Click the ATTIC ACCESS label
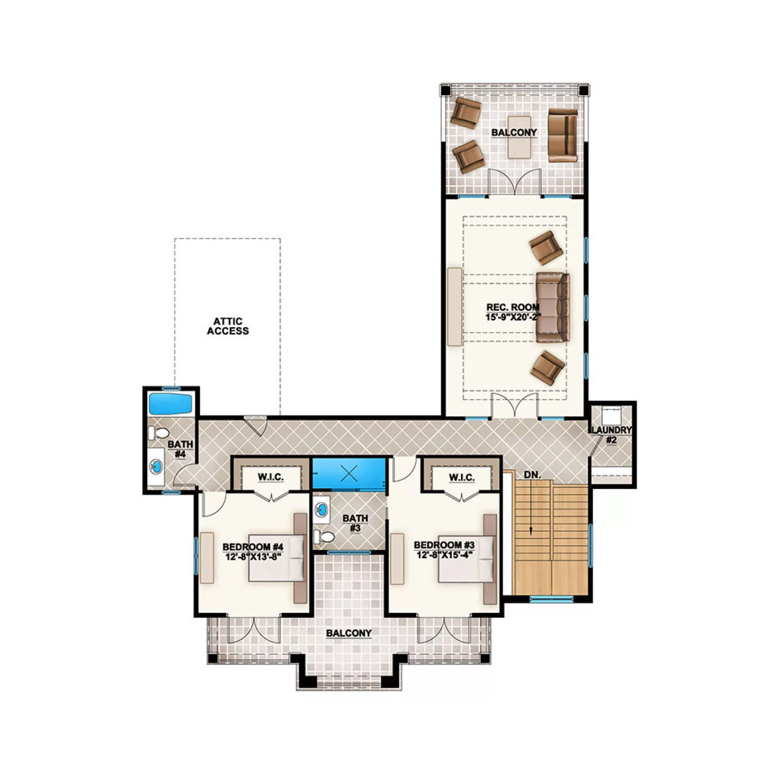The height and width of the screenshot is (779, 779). coord(228,326)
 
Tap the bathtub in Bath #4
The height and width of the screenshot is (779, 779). coord(170,403)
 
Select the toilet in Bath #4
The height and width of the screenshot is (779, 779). coord(158,433)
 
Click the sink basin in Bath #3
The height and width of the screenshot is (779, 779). coord(322,510)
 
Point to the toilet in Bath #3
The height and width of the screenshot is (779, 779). coord(324,537)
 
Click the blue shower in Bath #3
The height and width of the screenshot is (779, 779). coord(349,473)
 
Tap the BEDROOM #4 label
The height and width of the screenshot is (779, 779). coord(253,547)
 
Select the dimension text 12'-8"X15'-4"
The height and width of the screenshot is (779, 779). coord(443,555)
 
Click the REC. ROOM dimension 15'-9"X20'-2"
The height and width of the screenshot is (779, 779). coord(513,317)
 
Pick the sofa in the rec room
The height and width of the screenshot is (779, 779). coord(553,307)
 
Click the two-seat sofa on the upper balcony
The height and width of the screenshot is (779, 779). coord(563,135)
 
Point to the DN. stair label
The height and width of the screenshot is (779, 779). coord(532,475)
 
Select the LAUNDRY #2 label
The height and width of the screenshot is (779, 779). coord(611,435)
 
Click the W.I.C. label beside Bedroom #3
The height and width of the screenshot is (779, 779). coord(462,477)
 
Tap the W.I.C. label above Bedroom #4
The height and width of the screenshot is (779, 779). coord(271,477)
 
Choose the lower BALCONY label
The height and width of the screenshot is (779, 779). coord(349,633)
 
